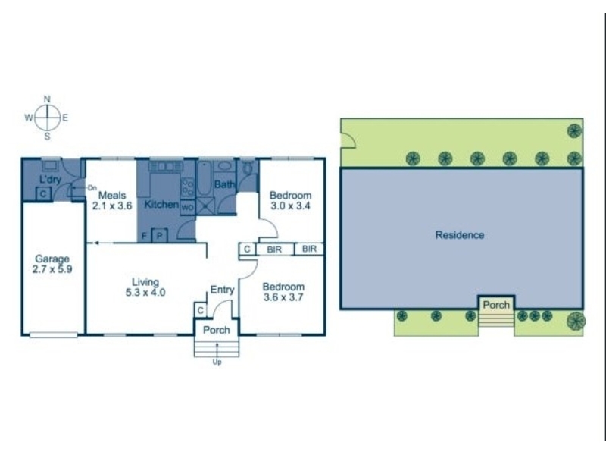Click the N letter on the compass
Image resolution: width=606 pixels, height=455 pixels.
(x=47, y=99)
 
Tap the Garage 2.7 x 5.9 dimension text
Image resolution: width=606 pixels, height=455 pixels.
(x=52, y=269)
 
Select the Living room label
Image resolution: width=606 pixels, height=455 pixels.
(x=145, y=282)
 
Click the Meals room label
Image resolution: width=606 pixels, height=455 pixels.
(x=112, y=195)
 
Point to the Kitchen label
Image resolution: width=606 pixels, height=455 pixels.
(x=161, y=204)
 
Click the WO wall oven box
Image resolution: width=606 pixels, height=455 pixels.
(x=188, y=207)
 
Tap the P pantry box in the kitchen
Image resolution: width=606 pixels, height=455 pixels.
(x=159, y=235)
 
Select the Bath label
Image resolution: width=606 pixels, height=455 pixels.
(x=224, y=184)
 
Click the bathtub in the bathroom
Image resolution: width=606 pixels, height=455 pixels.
(x=204, y=179)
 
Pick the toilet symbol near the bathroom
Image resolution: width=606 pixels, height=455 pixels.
(x=248, y=168)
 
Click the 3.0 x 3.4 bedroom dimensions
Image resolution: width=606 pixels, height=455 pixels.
(x=290, y=206)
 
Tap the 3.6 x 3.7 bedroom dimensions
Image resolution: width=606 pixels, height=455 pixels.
(x=283, y=297)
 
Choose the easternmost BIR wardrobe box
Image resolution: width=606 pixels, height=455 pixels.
(x=309, y=249)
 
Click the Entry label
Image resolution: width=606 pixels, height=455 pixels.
(x=222, y=290)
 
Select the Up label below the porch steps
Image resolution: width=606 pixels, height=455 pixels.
(x=217, y=362)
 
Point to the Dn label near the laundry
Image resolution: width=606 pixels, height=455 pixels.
(x=92, y=187)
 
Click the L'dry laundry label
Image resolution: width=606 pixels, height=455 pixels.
(x=51, y=179)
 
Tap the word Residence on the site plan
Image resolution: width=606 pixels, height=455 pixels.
(x=460, y=235)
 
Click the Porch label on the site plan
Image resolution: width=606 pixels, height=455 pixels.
(x=496, y=305)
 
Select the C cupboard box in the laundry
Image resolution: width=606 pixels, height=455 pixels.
(x=43, y=193)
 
